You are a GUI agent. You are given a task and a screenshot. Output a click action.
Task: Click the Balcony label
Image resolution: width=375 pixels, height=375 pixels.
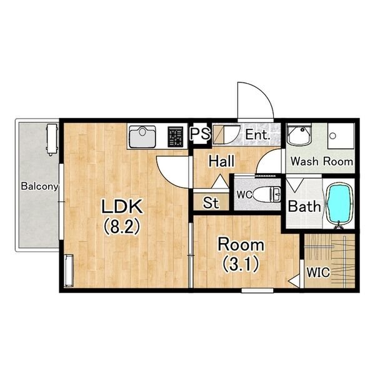click(x=39, y=186)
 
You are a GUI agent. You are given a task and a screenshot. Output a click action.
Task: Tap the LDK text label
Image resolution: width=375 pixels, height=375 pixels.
click(x=122, y=207)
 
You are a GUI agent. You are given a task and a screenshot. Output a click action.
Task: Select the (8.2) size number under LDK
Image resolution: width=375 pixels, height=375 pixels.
click(x=121, y=226)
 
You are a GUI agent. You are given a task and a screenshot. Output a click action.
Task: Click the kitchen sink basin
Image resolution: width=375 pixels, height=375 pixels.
click(x=142, y=136)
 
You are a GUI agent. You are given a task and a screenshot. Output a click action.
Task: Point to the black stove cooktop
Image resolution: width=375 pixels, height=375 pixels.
click(x=176, y=136)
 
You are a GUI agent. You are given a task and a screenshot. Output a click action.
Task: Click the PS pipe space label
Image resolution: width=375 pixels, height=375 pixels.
click(x=200, y=133)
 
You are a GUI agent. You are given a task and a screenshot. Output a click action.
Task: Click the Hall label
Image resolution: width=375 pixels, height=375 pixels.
click(x=221, y=161)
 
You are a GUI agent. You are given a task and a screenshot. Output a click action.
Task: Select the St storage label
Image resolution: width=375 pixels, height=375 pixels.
click(x=211, y=202)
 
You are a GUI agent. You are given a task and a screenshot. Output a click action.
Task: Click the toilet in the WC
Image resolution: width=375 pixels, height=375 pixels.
click(x=266, y=194)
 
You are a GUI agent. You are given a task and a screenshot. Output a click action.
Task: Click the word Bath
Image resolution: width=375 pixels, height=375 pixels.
click(x=304, y=206)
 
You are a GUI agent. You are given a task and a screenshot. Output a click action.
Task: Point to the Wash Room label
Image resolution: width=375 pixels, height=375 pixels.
click(x=322, y=161)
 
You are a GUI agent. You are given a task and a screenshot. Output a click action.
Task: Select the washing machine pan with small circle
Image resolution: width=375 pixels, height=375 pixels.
click(x=341, y=136)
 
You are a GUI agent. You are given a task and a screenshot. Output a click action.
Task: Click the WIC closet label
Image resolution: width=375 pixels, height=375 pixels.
click(x=318, y=272)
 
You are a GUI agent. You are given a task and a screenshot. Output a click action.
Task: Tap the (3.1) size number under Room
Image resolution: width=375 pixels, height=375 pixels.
click(x=241, y=264)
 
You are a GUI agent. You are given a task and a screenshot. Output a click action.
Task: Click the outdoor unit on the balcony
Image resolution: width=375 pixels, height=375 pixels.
click(x=52, y=139)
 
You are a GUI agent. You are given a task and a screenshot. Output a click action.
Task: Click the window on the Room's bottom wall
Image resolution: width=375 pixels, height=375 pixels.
click(x=257, y=291)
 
